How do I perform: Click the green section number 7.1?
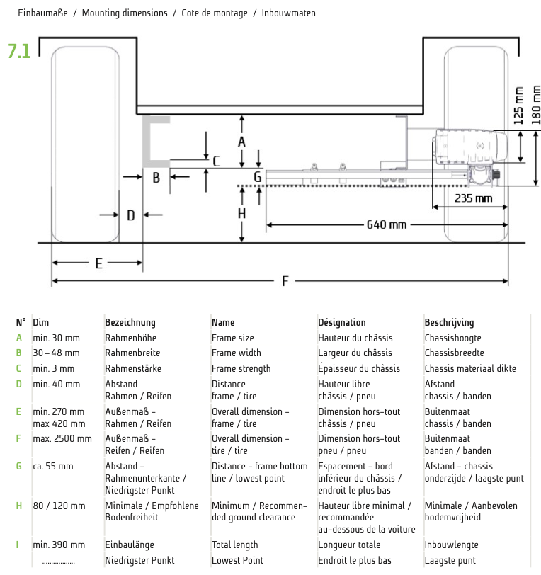[19, 51]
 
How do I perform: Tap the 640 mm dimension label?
[387, 225]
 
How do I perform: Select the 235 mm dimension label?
[473, 198]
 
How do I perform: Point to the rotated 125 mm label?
[519, 104]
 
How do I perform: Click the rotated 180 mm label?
[535, 104]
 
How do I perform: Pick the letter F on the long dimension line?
[285, 282]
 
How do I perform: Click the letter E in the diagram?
[98, 263]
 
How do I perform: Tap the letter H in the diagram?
[241, 213]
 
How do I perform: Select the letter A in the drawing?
[241, 142]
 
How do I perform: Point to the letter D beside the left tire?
[130, 215]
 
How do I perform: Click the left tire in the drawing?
[84, 142]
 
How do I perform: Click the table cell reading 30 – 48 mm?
[56, 353]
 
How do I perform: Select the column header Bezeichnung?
[130, 322]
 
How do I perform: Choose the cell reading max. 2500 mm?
[62, 438]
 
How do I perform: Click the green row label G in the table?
[19, 466]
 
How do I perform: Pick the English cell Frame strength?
[241, 368]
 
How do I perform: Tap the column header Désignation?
[342, 322]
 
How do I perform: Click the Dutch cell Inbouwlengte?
[451, 545]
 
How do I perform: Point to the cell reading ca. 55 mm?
[52, 466]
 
